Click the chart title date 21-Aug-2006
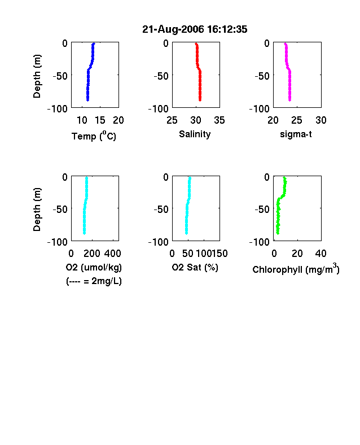(x=173, y=29)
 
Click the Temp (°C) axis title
(x=94, y=136)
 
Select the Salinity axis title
(x=195, y=134)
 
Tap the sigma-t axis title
(x=296, y=134)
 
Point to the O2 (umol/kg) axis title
(x=94, y=267)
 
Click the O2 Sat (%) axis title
(x=195, y=267)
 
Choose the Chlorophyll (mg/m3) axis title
(x=296, y=269)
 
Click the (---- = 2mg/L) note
(x=94, y=281)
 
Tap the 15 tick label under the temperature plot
(x=100, y=120)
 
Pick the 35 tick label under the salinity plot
(x=219, y=120)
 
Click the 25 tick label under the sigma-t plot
(x=297, y=120)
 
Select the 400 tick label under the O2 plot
(x=113, y=253)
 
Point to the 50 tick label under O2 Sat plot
(x=188, y=253)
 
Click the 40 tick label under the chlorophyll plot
(x=321, y=253)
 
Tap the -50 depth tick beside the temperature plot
(x=60, y=76)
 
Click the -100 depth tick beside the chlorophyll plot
(x=260, y=242)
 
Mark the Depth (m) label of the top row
(x=37, y=76)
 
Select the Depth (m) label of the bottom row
(x=37, y=210)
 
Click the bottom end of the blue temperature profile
(x=88, y=100)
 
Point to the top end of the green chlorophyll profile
(x=284, y=178)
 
